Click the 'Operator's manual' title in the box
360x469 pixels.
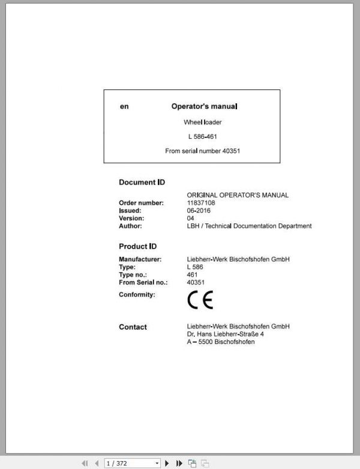[204, 106]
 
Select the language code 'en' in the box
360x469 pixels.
[124, 106]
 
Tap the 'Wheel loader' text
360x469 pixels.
[203, 122]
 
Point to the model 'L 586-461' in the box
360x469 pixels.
[203, 137]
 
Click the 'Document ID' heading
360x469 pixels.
[142, 182]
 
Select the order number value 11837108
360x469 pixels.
[201, 203]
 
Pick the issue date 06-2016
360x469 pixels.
[199, 211]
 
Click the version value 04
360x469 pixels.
[191, 219]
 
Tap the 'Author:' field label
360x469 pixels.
[130, 226]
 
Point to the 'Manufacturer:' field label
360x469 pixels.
[140, 259]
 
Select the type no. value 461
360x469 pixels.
[193, 274]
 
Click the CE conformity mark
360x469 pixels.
[200, 300]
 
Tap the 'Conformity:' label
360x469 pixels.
[137, 295]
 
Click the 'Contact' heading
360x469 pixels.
[133, 327]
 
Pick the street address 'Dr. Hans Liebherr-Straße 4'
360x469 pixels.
[226, 334]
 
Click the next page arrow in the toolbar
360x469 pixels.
[167, 463]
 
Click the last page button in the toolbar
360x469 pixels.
[179, 463]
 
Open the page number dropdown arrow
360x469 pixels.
[157, 463]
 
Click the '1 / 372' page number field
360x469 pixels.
[128, 463]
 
